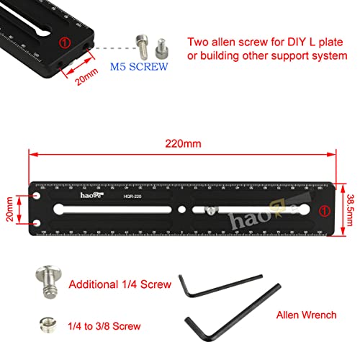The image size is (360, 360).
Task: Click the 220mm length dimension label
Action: pos(183,143)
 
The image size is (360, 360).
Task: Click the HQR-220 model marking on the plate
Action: pos(132,197)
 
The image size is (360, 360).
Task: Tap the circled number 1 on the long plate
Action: pos(325,210)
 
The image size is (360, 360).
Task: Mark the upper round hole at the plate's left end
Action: pos(37,194)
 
